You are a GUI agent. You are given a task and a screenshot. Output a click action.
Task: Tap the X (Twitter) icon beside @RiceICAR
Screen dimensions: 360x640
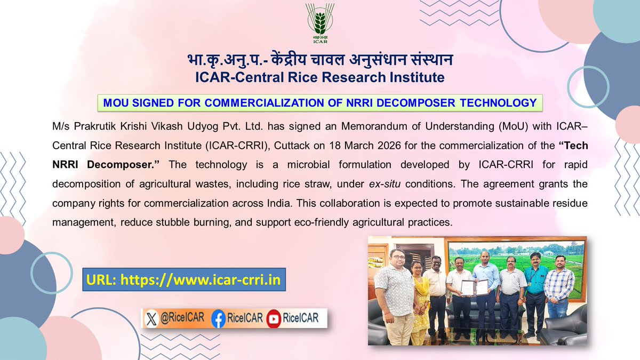click(x=153, y=319)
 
